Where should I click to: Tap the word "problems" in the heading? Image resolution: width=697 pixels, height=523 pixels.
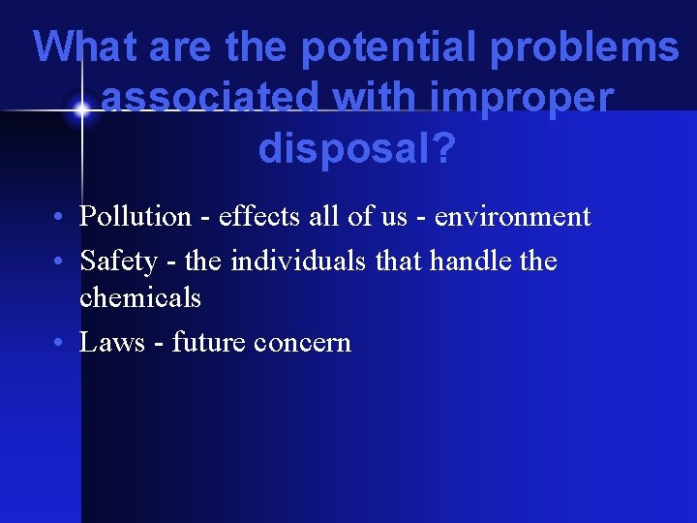[588, 47]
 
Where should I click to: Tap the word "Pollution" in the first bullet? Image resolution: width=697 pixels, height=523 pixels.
[136, 217]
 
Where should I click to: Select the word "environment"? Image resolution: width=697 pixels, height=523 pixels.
[512, 217]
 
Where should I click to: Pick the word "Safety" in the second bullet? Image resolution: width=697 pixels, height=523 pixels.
[118, 261]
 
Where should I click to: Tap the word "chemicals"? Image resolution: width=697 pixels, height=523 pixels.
[140, 297]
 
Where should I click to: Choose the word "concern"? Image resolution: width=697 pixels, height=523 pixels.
[302, 342]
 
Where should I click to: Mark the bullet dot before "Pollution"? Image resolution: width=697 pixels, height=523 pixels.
[60, 217]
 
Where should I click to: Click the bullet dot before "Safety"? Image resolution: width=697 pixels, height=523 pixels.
[60, 261]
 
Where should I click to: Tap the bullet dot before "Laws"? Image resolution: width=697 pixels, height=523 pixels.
[60, 343]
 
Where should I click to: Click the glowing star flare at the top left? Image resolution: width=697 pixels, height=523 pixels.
[82, 110]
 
